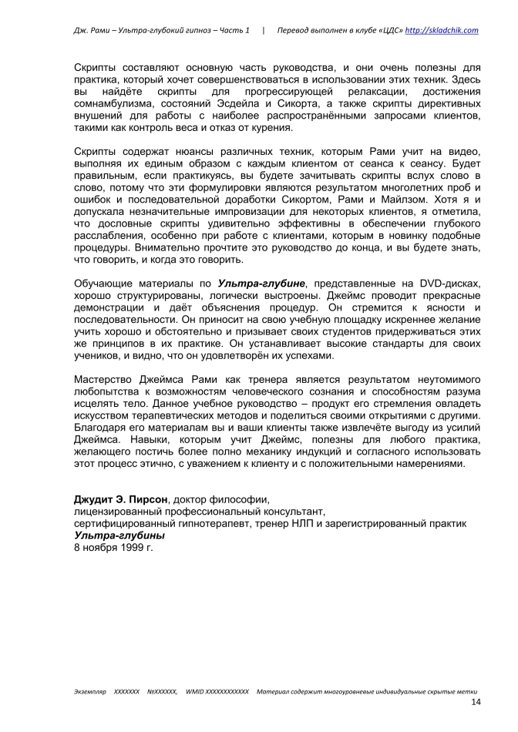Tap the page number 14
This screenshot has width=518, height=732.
[476, 704]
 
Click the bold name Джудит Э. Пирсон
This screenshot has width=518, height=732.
[119, 499]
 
